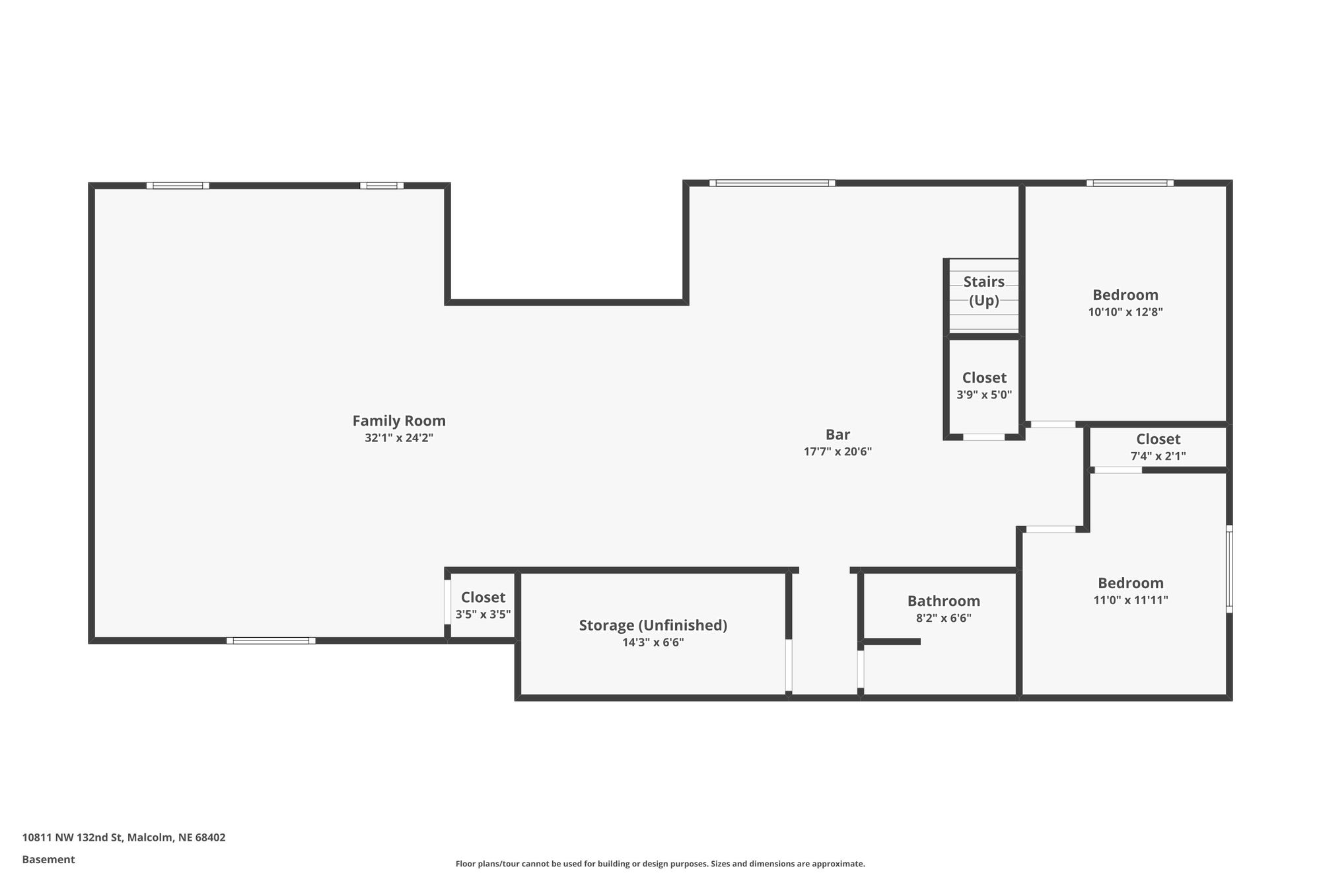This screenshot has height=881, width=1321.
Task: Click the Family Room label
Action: [x=399, y=421]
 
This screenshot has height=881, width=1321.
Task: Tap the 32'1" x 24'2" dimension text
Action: [x=399, y=438]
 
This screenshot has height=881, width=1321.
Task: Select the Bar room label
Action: [x=838, y=435]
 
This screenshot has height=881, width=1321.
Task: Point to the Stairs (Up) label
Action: [x=984, y=291]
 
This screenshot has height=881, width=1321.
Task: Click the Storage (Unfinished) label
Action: [x=653, y=625]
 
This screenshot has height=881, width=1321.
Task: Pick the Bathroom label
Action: [x=944, y=601]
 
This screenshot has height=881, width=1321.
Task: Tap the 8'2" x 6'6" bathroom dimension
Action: [x=944, y=619]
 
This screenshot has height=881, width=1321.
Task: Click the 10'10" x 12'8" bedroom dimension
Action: [x=1125, y=312]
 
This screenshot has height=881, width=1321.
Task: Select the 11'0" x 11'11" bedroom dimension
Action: [x=1131, y=600]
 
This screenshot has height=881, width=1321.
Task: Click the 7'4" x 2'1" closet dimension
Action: [x=1159, y=456]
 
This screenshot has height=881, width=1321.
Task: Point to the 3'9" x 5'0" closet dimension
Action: [x=984, y=395]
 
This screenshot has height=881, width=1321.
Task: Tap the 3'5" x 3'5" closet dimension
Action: [x=483, y=615]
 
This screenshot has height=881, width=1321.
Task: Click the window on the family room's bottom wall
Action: [x=271, y=640]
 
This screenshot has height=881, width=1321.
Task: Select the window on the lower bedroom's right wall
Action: [x=1229, y=569]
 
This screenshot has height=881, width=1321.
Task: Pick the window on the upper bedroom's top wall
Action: [x=1130, y=183]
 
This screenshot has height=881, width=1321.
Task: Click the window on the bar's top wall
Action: [x=772, y=183]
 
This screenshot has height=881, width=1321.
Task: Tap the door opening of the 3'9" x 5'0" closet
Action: [x=984, y=437]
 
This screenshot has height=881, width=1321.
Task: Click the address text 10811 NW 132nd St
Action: [x=73, y=837]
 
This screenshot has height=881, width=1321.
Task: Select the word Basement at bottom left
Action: [x=48, y=859]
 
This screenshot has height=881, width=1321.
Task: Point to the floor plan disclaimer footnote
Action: [x=660, y=864]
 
